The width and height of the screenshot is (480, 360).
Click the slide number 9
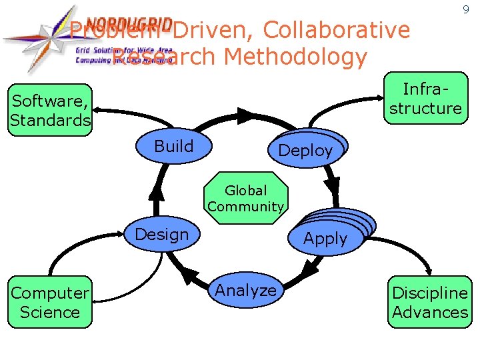pyautogui.click(x=466, y=10)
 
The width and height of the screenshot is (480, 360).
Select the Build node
pyautogui.click(x=173, y=146)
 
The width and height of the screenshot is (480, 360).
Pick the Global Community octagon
pyautogui.click(x=246, y=199)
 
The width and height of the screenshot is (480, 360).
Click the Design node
pyautogui.click(x=161, y=234)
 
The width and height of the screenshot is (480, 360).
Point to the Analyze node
pyautogui.click(x=245, y=290)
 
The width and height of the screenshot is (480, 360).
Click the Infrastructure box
pyautogui.click(x=425, y=99)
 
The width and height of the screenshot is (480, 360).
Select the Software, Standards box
pyautogui.click(x=50, y=111)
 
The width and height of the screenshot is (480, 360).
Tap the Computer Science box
pyautogui.click(x=50, y=302)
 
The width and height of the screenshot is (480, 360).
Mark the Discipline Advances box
pyautogui.click(x=430, y=302)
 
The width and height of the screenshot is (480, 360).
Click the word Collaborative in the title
pyautogui.click(x=337, y=30)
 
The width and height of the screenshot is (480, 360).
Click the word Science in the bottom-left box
pyautogui.click(x=50, y=312)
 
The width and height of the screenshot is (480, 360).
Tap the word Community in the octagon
pyautogui.click(x=246, y=207)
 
